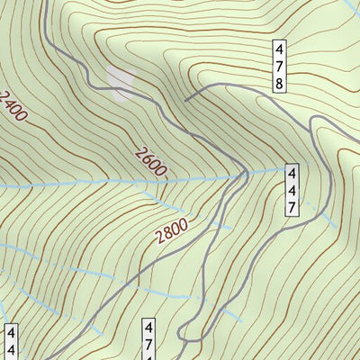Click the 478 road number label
tap(280, 66)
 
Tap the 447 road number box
tap(292, 190)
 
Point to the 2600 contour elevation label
tap(149, 162)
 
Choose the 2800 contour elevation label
tap(171, 233)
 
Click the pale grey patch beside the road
tap(119, 80)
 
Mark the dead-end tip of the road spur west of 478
tap(185, 100)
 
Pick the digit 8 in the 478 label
tap(280, 83)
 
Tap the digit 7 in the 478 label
tap(280, 66)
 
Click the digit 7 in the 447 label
tap(292, 207)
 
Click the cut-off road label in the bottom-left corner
tap(11, 342)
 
